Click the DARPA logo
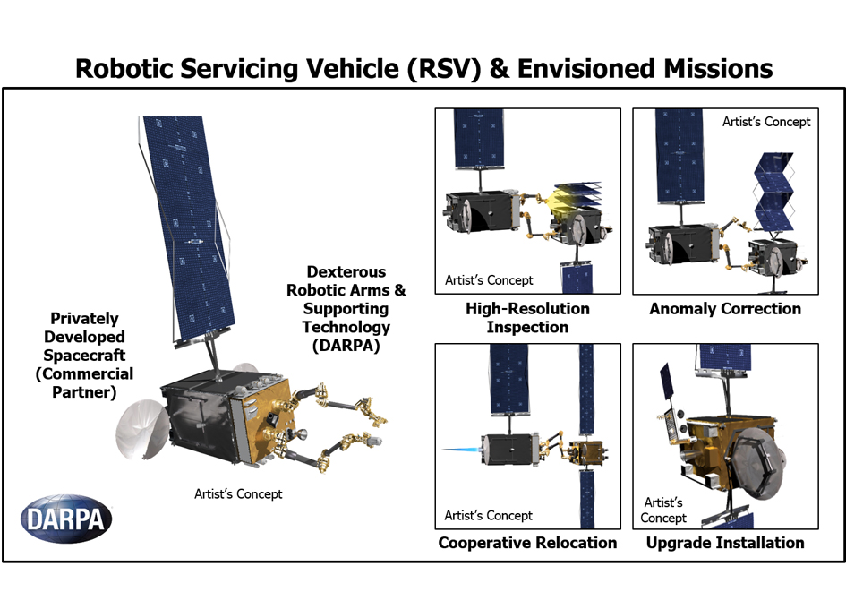66,519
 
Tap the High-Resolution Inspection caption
527,318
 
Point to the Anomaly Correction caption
725,309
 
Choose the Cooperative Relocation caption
527,543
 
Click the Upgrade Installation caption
725,543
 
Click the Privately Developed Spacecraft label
84,355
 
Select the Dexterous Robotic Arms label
346,308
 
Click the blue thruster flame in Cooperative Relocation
461,450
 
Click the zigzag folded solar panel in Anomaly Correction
773,192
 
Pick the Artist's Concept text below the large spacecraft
238,494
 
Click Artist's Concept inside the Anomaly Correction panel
766,122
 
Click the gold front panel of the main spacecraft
263,421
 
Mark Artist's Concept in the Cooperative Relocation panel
488,516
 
